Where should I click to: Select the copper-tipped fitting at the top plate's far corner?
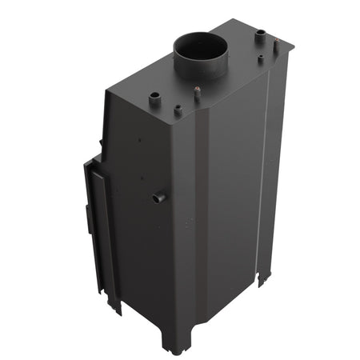(260, 33)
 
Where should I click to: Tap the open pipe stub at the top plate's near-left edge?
(154, 97)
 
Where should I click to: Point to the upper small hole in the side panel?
(142, 139)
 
